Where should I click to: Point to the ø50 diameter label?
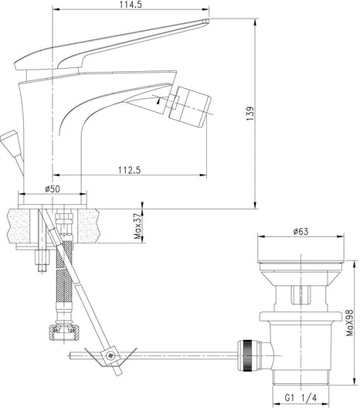pyautogui.click(x=53, y=188)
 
